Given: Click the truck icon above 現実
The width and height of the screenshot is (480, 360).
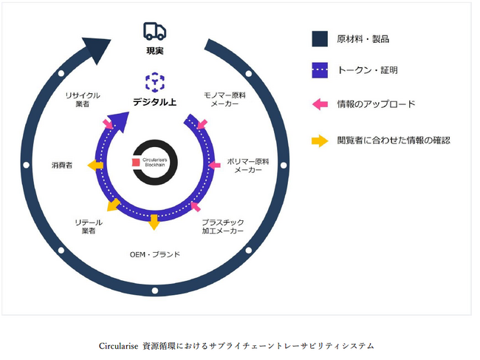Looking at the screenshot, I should click(154, 31).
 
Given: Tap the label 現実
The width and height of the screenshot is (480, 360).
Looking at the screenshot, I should click(154, 51).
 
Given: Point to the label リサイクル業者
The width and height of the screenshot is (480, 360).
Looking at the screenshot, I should click(83, 101).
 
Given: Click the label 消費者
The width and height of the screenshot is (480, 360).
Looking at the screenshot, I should click(62, 165).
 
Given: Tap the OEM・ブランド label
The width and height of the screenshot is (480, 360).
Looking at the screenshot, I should click(154, 255).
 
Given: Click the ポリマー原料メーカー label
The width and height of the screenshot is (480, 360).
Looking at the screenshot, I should click(248, 165).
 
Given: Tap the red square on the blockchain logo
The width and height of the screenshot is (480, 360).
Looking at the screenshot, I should click(135, 162).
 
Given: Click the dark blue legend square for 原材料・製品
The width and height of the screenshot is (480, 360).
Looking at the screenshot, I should click(319, 38).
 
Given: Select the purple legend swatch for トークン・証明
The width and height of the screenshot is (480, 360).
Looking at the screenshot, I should click(319, 71).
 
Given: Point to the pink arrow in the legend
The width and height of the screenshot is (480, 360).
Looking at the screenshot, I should click(319, 104).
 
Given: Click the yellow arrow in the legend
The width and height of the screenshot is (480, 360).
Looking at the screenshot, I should click(319, 140).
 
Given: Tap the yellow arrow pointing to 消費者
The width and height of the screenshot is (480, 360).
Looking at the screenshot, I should click(95, 166).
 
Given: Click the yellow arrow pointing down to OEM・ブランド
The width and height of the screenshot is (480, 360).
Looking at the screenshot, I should click(154, 222).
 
